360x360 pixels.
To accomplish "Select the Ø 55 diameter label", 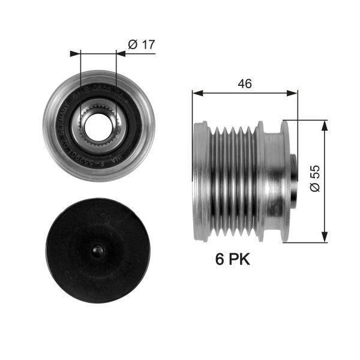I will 335,179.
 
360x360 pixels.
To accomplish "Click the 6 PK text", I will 232,259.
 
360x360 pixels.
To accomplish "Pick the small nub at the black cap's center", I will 98,250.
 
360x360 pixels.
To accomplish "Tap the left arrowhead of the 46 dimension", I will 196,93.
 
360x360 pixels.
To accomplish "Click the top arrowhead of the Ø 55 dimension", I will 325,124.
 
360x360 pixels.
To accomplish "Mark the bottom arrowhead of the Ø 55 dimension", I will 325,238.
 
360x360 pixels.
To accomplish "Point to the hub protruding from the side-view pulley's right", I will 293,181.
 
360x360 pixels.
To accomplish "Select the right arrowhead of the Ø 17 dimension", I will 121,53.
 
